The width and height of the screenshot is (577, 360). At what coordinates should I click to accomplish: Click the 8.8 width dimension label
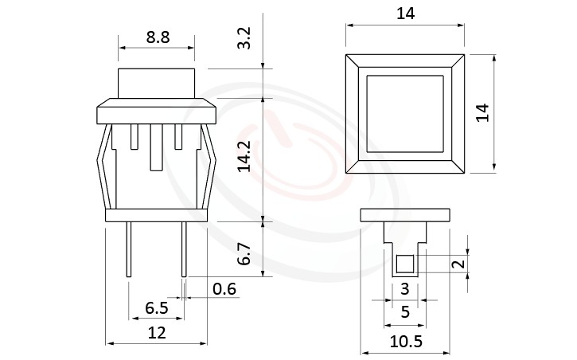coord(156,35)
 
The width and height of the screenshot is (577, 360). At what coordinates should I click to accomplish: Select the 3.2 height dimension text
coord(245,38)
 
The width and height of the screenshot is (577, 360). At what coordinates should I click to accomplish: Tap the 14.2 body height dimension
coord(245,158)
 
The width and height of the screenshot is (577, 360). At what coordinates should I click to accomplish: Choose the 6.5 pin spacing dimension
coord(156,307)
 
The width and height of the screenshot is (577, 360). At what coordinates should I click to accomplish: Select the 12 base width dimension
coord(157,333)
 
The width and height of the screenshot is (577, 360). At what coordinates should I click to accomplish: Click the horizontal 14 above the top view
coord(404,14)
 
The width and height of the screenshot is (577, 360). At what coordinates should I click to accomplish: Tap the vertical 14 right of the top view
coord(481,112)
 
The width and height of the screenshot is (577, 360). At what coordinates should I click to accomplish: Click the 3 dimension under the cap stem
coord(404,288)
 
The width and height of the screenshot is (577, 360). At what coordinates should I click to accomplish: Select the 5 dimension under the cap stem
coord(405,313)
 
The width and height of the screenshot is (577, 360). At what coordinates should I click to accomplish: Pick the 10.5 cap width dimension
coord(405,341)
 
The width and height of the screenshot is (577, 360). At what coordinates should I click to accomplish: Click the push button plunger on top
coord(156,84)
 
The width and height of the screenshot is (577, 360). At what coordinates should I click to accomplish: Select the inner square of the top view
coord(404,112)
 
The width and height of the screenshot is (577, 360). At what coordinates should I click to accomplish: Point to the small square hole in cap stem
coord(404,264)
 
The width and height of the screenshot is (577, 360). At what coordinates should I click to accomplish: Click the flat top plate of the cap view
coord(405,214)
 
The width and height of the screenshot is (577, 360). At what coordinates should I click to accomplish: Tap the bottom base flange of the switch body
coord(156,215)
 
